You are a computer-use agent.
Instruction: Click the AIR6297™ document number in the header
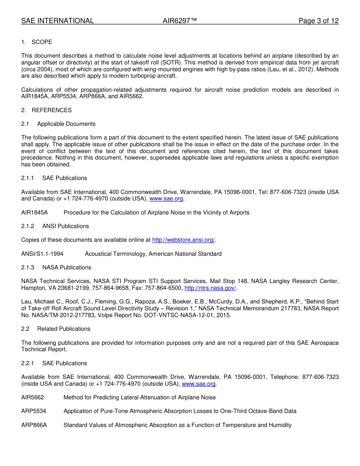pyautogui.click(x=180, y=21)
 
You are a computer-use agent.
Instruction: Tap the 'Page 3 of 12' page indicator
pyautogui.click(x=318, y=21)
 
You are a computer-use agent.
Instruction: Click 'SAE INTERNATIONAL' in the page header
pyautogui.click(x=58, y=21)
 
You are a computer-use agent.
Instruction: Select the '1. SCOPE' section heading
pyautogui.click(x=37, y=42)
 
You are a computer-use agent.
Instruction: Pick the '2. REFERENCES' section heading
pyautogui.click(x=46, y=110)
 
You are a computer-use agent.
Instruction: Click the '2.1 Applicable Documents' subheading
pyautogui.click(x=58, y=124)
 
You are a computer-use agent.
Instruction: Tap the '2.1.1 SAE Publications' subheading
pyautogui.click(x=54, y=178)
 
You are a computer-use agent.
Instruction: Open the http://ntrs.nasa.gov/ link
pyautogui.click(x=210, y=288)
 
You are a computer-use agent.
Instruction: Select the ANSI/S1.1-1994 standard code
pyautogui.click(x=42, y=254)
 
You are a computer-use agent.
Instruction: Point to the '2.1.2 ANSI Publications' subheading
pyautogui.click(x=55, y=226)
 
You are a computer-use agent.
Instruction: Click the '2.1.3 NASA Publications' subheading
pyautogui.click(x=56, y=267)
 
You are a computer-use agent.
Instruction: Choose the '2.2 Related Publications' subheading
pyautogui.click(x=56, y=329)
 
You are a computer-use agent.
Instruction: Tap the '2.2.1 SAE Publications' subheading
pyautogui.click(x=54, y=363)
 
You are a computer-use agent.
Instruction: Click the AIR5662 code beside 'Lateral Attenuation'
pyautogui.click(x=33, y=397)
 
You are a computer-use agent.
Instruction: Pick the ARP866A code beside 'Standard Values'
pyautogui.click(x=34, y=425)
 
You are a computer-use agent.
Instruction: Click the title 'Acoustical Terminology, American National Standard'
pyautogui.click(x=153, y=254)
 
